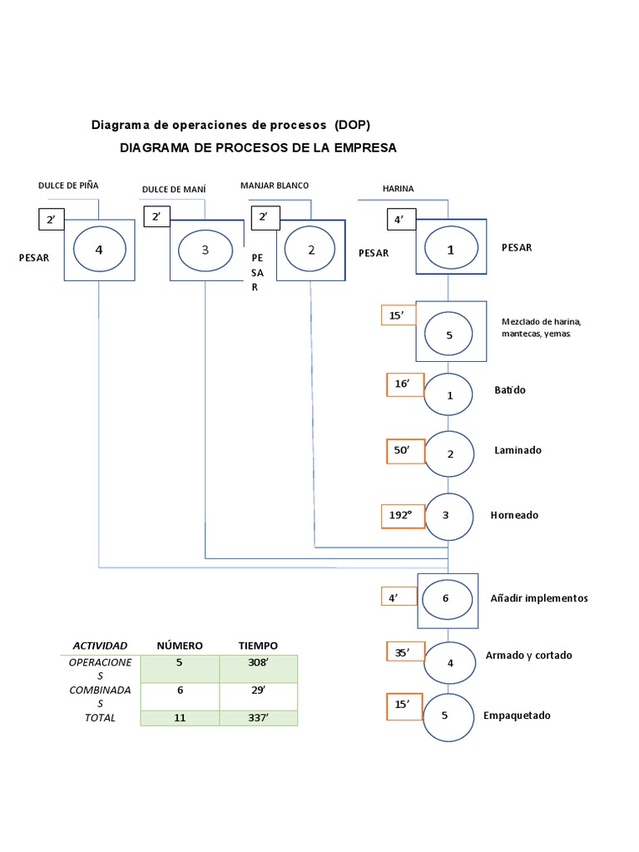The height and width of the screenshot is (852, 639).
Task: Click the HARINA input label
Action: click(x=398, y=189)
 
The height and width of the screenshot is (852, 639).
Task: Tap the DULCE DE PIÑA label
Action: click(x=68, y=185)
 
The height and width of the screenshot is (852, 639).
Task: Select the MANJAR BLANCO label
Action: click(x=274, y=185)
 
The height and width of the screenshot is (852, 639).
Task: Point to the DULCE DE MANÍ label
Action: click(x=174, y=189)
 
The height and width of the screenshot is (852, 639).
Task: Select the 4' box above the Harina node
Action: click(x=400, y=220)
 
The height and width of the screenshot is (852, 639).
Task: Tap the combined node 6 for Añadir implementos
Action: click(x=447, y=598)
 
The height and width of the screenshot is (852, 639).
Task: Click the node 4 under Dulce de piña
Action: click(x=99, y=248)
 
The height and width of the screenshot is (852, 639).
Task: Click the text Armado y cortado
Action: click(x=529, y=655)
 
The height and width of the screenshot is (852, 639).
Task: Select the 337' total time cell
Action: click(x=258, y=717)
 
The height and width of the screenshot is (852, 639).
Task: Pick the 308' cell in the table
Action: click(x=258, y=664)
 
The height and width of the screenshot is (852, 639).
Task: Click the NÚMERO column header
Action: click(x=180, y=646)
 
